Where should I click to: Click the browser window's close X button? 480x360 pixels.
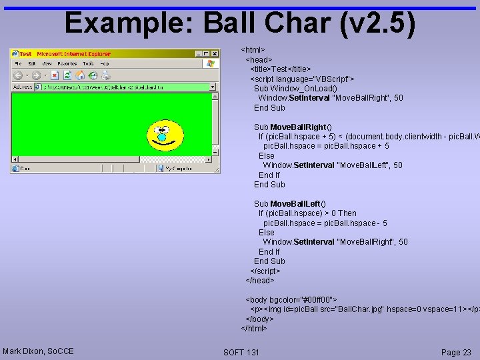pos(215,53)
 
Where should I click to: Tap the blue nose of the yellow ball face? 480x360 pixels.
pos(161,137)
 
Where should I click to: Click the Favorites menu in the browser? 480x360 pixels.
pos(67,64)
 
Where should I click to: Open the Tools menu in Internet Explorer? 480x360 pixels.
pos(88,64)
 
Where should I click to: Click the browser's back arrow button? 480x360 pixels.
pos(18,75)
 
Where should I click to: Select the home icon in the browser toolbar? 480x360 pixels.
pos(80,75)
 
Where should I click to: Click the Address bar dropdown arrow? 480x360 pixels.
pos(213,87)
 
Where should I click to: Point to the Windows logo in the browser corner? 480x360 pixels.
pos(211,64)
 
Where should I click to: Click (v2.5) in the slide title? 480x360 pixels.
pos(377,24)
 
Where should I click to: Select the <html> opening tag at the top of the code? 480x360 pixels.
pos(253,50)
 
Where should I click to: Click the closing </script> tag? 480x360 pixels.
pos(265,271)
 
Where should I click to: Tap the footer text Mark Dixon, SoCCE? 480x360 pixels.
pos(38,351)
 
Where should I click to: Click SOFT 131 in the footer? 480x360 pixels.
pos(241,352)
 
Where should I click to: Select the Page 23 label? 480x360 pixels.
pos(456,352)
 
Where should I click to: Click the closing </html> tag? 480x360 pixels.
pos(254,328)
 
